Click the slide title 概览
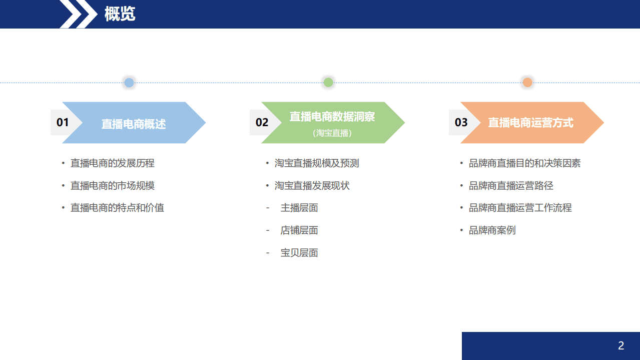click(x=120, y=14)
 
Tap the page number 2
click(x=621, y=345)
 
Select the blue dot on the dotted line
click(x=129, y=83)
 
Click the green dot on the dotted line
click(x=328, y=83)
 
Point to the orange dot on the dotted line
click(x=527, y=83)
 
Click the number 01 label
click(x=63, y=123)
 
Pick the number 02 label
click(x=262, y=123)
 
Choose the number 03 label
click(x=461, y=123)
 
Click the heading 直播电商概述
click(x=134, y=124)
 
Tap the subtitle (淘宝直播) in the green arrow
click(x=332, y=133)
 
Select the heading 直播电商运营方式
click(x=530, y=123)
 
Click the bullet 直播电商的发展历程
click(x=112, y=163)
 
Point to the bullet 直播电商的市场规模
click(x=112, y=186)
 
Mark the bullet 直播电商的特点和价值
click(x=117, y=208)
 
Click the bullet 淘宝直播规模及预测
click(x=316, y=163)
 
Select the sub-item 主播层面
click(x=299, y=208)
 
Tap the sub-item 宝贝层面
click(x=299, y=253)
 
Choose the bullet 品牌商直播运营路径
click(x=511, y=186)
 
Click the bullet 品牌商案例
click(x=492, y=230)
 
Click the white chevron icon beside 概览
click(x=79, y=14)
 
